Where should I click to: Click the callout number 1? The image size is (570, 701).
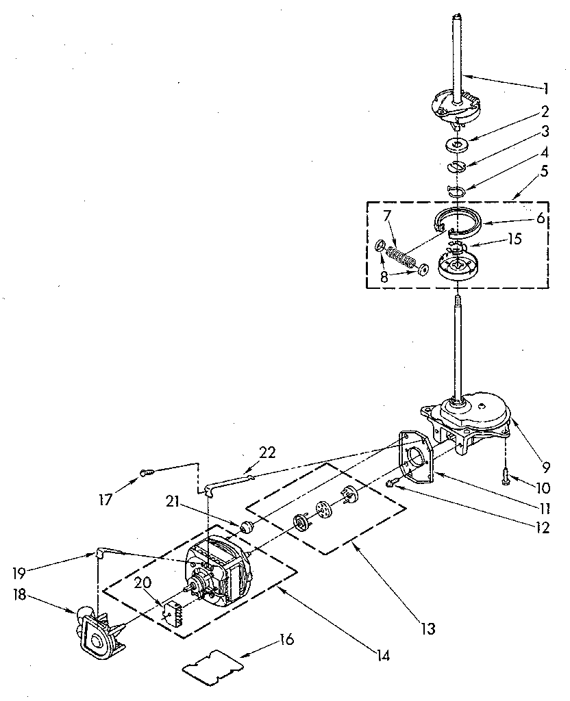tap(547, 88)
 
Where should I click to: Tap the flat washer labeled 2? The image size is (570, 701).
tap(456, 144)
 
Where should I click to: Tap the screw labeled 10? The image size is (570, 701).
tap(505, 472)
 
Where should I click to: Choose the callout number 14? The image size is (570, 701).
tap(382, 655)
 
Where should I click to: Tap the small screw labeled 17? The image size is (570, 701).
tap(146, 471)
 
